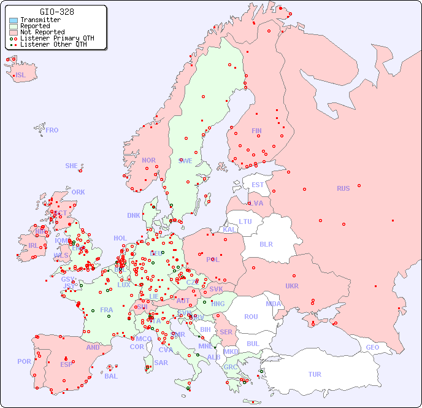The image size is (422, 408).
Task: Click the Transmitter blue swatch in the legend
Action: click(x=13, y=20)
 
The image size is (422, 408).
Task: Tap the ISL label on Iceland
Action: click(x=21, y=75)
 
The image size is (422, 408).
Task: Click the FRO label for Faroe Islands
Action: click(x=52, y=130)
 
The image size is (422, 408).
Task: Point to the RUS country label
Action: click(x=343, y=188)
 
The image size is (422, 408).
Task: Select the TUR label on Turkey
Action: click(x=315, y=374)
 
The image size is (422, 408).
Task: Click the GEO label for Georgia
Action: click(x=372, y=347)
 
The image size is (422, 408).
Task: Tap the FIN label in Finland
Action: click(x=256, y=131)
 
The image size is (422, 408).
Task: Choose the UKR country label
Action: click(x=292, y=286)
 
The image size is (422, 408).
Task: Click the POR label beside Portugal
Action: click(x=24, y=361)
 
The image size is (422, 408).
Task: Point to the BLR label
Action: click(x=266, y=244)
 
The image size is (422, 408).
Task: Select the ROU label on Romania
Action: click(x=251, y=317)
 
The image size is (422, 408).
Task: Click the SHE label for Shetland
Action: click(x=72, y=166)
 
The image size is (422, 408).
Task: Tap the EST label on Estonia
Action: click(x=258, y=185)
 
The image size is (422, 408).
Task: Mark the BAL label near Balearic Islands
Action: click(x=111, y=376)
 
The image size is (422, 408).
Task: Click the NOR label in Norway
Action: click(x=148, y=160)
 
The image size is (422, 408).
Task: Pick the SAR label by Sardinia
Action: click(x=161, y=363)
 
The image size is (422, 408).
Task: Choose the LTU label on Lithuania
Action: click(x=245, y=221)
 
